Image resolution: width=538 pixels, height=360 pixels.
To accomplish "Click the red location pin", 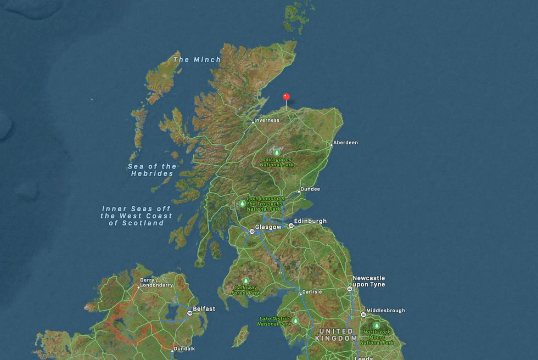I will (x=285, y=97).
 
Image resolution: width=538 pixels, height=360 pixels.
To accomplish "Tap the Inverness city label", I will (x=267, y=120).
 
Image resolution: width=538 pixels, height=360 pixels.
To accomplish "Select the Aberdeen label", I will (x=346, y=143).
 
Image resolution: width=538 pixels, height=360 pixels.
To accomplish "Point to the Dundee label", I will (x=311, y=189).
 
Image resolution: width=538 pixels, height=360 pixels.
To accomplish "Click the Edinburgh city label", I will (x=310, y=221).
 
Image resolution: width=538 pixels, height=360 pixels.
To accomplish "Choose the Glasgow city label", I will (x=268, y=227).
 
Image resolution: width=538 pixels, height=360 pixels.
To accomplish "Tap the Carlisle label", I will (x=312, y=292).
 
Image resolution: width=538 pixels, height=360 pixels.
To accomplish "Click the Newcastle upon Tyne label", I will (x=368, y=282).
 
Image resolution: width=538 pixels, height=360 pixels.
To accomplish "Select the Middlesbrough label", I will (x=385, y=311).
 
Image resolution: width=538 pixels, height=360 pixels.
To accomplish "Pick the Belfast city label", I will (x=203, y=309).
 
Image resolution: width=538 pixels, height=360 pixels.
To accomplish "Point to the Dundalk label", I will (x=184, y=348).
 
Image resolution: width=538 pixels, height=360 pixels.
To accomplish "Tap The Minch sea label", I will (x=197, y=60).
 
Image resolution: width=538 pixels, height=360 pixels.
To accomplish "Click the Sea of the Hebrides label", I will (x=152, y=170).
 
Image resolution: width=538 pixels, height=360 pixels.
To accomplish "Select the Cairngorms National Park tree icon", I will (x=277, y=153).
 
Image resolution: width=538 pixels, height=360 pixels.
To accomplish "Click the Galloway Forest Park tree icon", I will (x=245, y=281).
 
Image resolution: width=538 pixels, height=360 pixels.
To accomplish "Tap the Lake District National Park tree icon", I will (x=295, y=321).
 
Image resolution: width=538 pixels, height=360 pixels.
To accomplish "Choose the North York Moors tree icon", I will (x=377, y=325).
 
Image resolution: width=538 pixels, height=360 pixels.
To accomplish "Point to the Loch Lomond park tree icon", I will (x=242, y=203).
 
